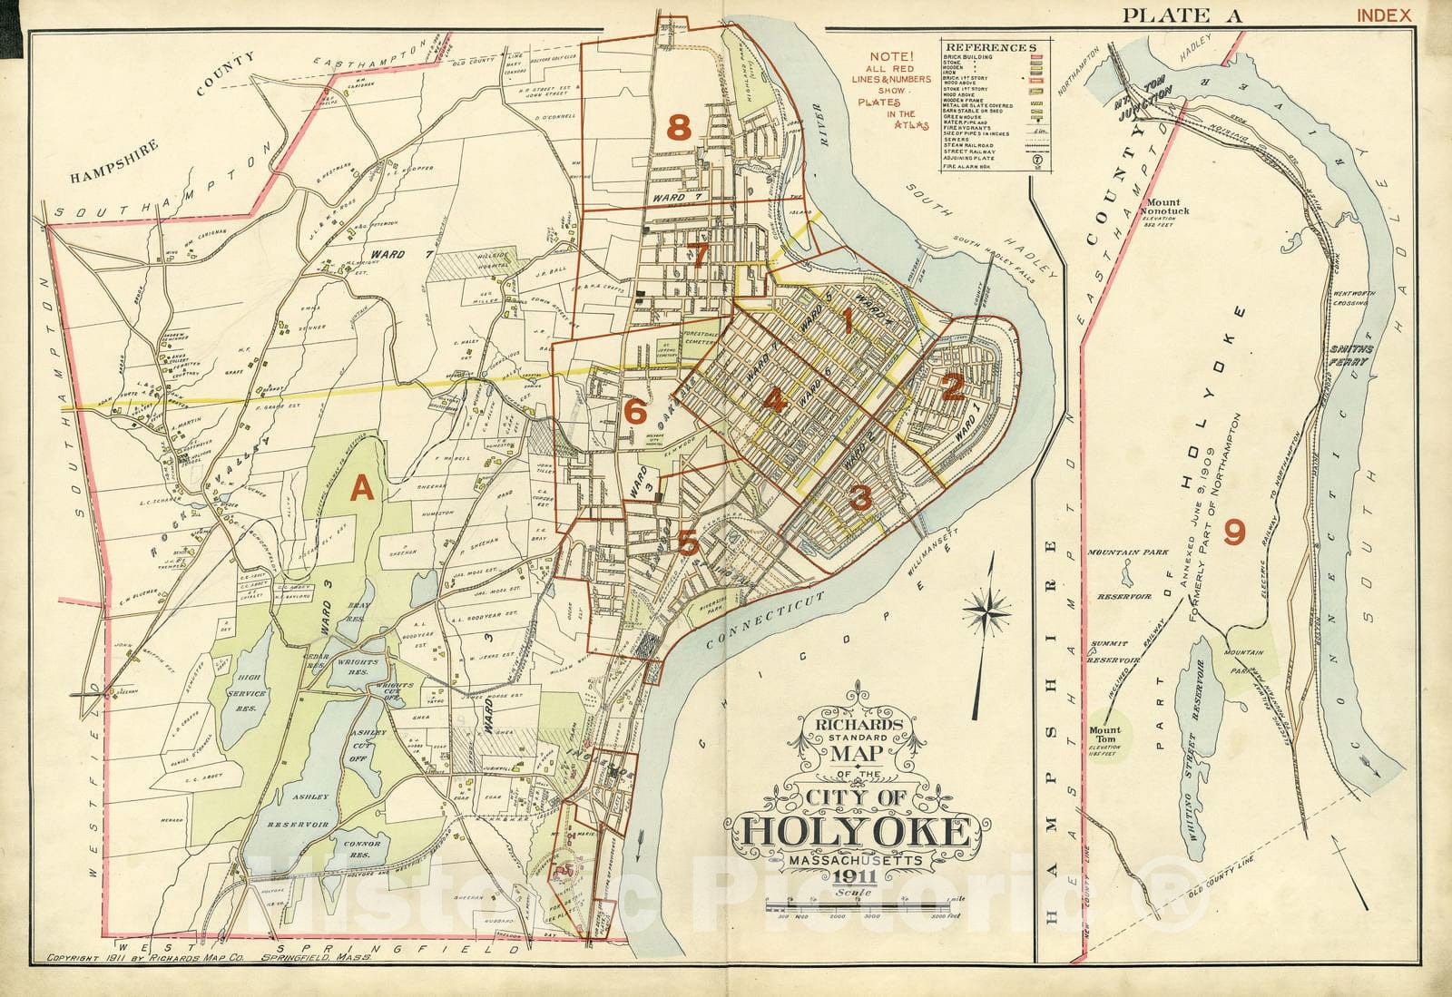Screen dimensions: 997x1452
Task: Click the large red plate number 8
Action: click(x=680, y=128)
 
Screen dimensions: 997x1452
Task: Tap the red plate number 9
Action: click(x=1233, y=532)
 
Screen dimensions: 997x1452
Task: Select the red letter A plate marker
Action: click(x=362, y=490)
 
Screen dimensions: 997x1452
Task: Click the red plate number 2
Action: click(x=952, y=389)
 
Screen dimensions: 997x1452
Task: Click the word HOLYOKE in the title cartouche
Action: click(x=851, y=830)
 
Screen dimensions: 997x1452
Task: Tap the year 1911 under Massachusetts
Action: click(x=850, y=876)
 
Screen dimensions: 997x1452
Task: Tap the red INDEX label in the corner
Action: click(x=1384, y=15)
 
